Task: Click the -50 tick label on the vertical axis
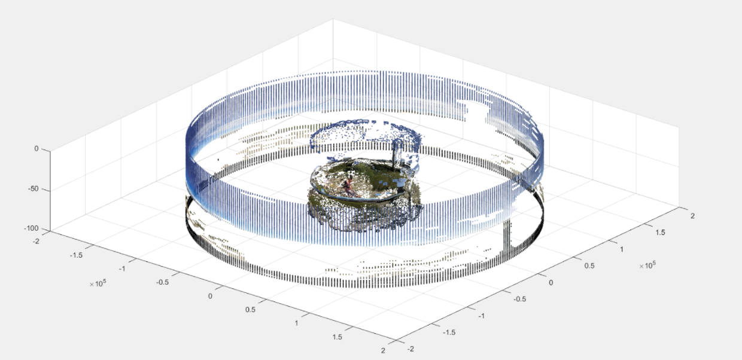click(x=34, y=189)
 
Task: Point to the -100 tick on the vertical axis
click(x=32, y=228)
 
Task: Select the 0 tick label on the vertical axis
click(x=37, y=149)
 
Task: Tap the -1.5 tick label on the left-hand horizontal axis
click(x=76, y=255)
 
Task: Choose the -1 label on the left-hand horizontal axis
click(x=122, y=269)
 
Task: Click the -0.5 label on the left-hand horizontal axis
click(x=162, y=282)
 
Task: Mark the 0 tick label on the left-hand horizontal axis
click(x=210, y=296)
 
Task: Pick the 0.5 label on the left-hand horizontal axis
click(x=250, y=310)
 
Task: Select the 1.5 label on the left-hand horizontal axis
click(x=337, y=337)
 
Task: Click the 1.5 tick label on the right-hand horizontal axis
click(x=660, y=233)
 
